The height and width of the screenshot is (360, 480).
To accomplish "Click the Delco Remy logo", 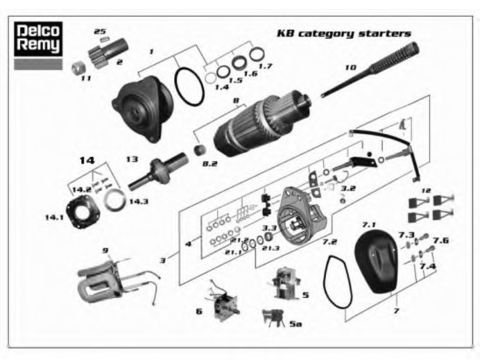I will pos(38,41).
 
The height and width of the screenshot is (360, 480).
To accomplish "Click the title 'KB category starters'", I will pos(343,34).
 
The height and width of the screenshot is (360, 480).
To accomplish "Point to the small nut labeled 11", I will pos(77,65).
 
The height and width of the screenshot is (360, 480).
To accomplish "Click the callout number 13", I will pos(132,159).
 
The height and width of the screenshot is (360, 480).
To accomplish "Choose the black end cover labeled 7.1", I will pos(375,259).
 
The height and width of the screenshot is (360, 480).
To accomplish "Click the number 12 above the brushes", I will pos(427,191).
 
